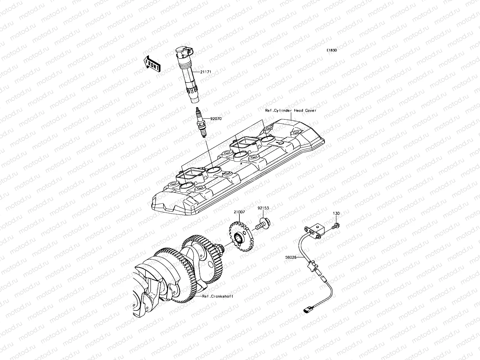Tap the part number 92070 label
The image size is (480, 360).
click(216, 119)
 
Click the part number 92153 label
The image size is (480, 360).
click(263, 208)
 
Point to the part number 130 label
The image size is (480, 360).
click(336, 213)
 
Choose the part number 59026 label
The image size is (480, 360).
click(291, 257)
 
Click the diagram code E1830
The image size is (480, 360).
click(332, 50)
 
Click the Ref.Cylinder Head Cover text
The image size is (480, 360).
click(291, 110)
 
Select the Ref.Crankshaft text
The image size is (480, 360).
click(217, 296)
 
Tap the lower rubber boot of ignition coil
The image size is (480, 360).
click(194, 94)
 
